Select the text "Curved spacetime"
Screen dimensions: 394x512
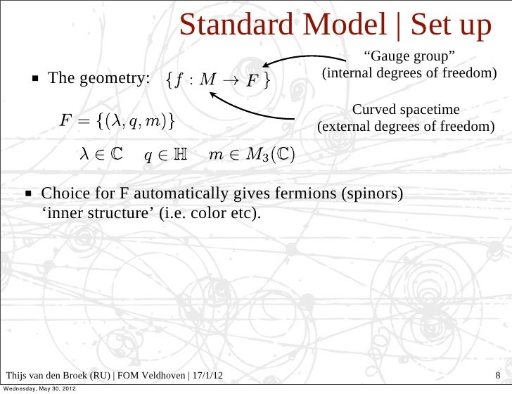click(x=406, y=111)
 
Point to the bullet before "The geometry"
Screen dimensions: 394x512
click(x=34, y=78)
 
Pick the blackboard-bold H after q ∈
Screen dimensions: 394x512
click(x=180, y=155)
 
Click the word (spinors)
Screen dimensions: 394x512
click(x=373, y=193)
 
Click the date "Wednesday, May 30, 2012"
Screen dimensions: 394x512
click(x=39, y=388)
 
